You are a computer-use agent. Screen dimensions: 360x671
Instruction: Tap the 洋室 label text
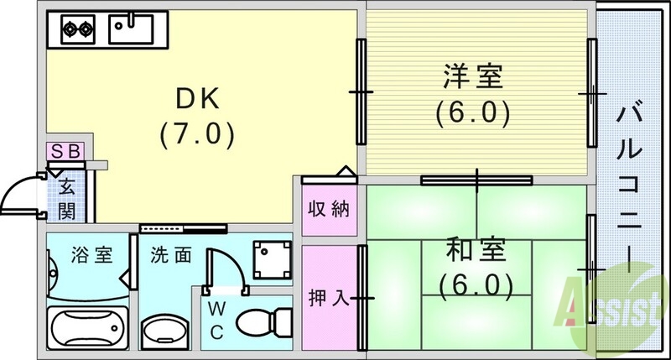pos(472,78)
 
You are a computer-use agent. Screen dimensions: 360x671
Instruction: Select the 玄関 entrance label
pos(66,197)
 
